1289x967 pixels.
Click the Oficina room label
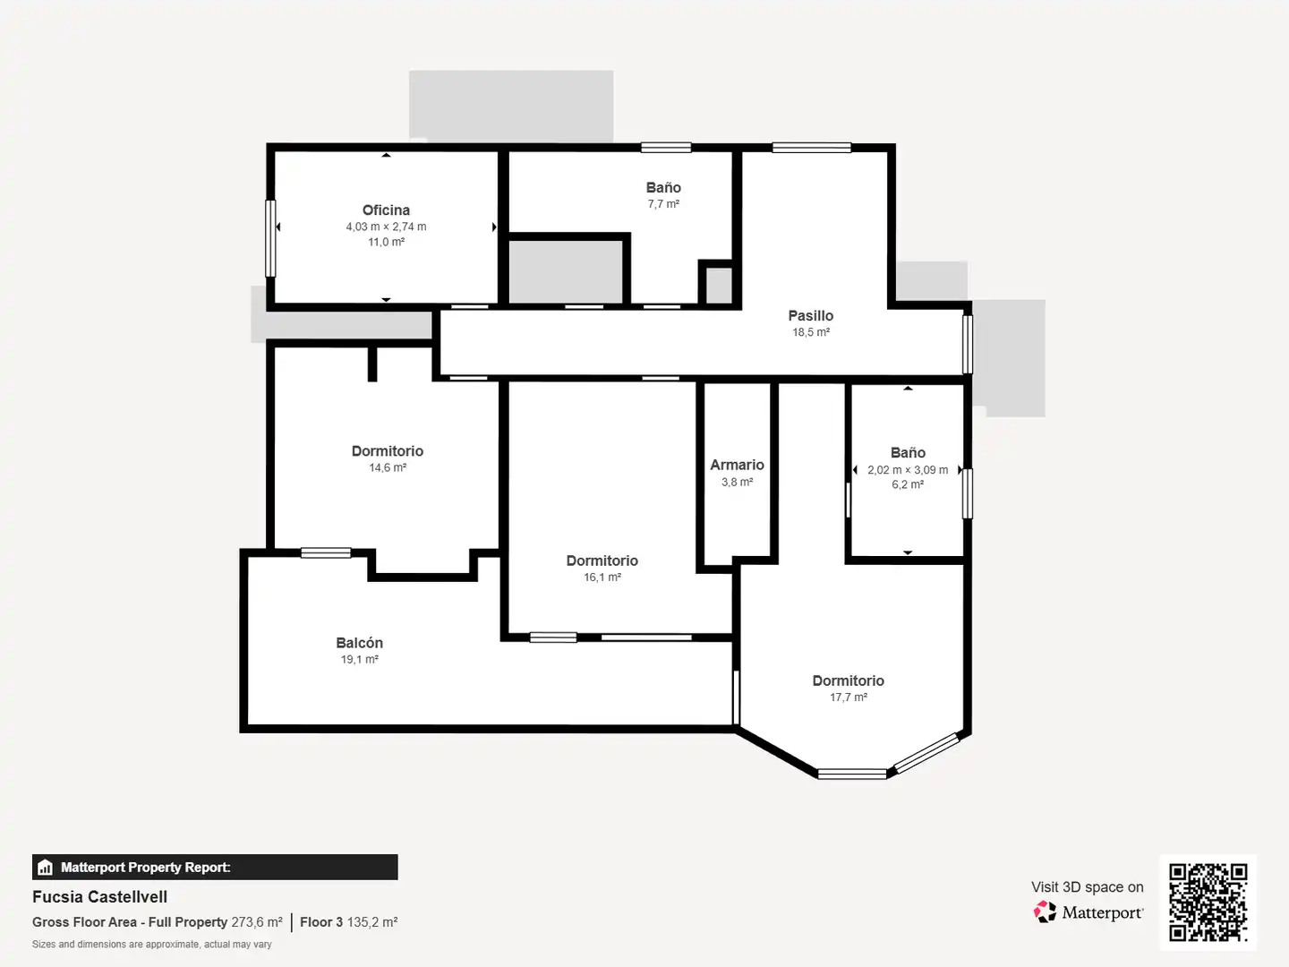coord(386,210)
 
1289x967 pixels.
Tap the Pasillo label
coord(810,316)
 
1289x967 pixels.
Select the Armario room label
coord(737,465)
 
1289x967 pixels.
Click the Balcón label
coord(359,643)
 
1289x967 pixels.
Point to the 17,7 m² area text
coord(848,697)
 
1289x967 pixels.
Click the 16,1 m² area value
coord(602,578)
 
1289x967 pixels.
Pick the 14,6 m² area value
coord(388,468)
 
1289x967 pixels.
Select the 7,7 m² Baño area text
coord(663,204)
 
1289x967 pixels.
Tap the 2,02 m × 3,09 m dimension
coord(908,470)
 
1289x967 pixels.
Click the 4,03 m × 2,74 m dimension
coord(386,227)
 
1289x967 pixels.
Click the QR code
coord(1208,902)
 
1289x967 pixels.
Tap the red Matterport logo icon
coord(1045,911)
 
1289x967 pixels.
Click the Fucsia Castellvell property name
coord(100,897)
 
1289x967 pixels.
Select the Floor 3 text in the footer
coord(321,922)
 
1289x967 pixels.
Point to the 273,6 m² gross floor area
coord(257,922)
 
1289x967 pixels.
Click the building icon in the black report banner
coord(46,868)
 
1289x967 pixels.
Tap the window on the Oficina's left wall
coord(270,238)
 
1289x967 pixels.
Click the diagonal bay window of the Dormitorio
coord(926,753)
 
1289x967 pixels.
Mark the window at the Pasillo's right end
coord(967,344)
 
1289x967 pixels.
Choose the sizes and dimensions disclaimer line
coord(151,945)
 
